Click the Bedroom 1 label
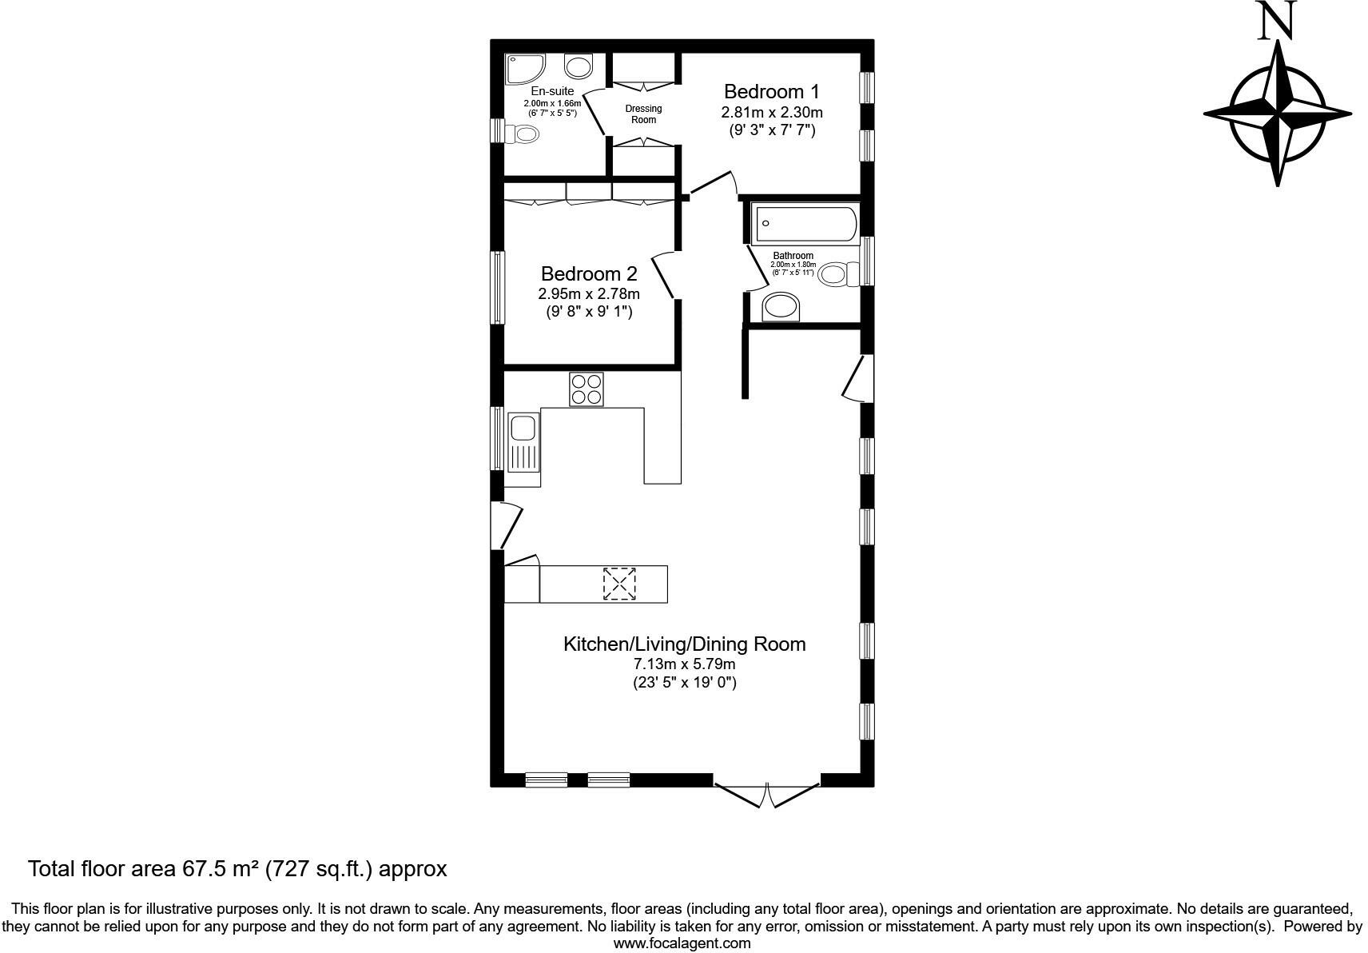(x=771, y=91)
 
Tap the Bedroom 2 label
(x=589, y=274)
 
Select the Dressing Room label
(x=643, y=114)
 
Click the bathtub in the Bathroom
(x=805, y=224)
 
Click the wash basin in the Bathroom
(x=781, y=307)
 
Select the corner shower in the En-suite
(x=524, y=69)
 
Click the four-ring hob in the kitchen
(x=587, y=389)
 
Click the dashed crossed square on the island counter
(x=619, y=584)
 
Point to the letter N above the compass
(x=1276, y=22)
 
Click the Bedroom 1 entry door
(x=714, y=183)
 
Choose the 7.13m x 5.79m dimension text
(x=684, y=664)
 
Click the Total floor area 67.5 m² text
(x=237, y=869)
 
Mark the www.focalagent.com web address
(x=682, y=943)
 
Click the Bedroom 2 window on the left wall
(x=498, y=287)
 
